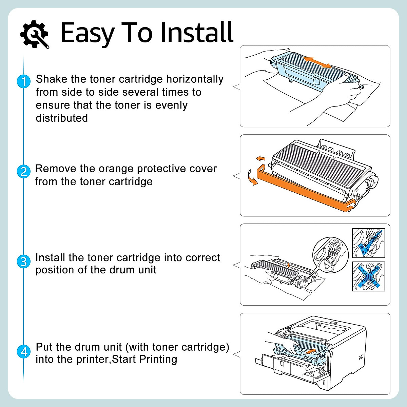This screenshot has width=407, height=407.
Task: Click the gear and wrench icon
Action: click(34, 34)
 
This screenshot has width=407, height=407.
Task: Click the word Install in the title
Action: click(197, 33)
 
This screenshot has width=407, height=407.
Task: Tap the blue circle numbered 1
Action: click(23, 82)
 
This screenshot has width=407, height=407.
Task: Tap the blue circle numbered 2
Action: click(23, 172)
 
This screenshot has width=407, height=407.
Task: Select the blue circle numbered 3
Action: click(23, 261)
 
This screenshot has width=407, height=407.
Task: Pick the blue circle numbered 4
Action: click(23, 351)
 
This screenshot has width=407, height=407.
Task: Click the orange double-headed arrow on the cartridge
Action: click(317, 62)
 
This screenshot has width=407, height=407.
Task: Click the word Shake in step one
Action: click(52, 79)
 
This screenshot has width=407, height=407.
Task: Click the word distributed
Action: click(62, 118)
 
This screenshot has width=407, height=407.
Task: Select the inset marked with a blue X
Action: click(368, 276)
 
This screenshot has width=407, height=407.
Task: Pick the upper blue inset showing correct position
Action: click(368, 243)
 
